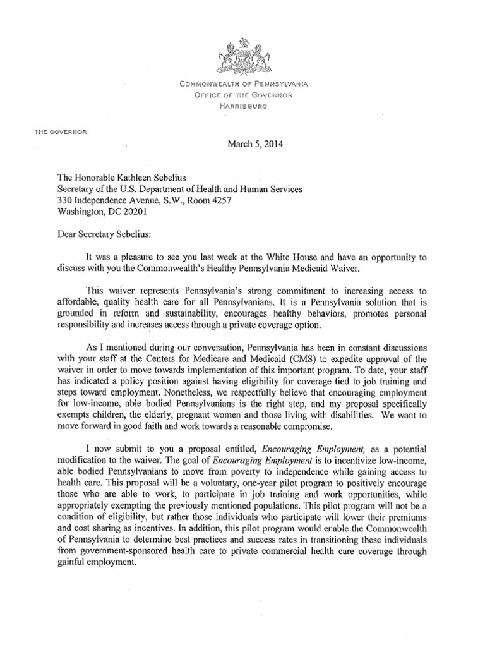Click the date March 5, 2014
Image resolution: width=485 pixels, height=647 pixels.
coord(255,144)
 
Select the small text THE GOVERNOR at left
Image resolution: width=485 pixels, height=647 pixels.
coord(61,131)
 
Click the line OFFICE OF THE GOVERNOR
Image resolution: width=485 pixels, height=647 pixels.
coord(243,95)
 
